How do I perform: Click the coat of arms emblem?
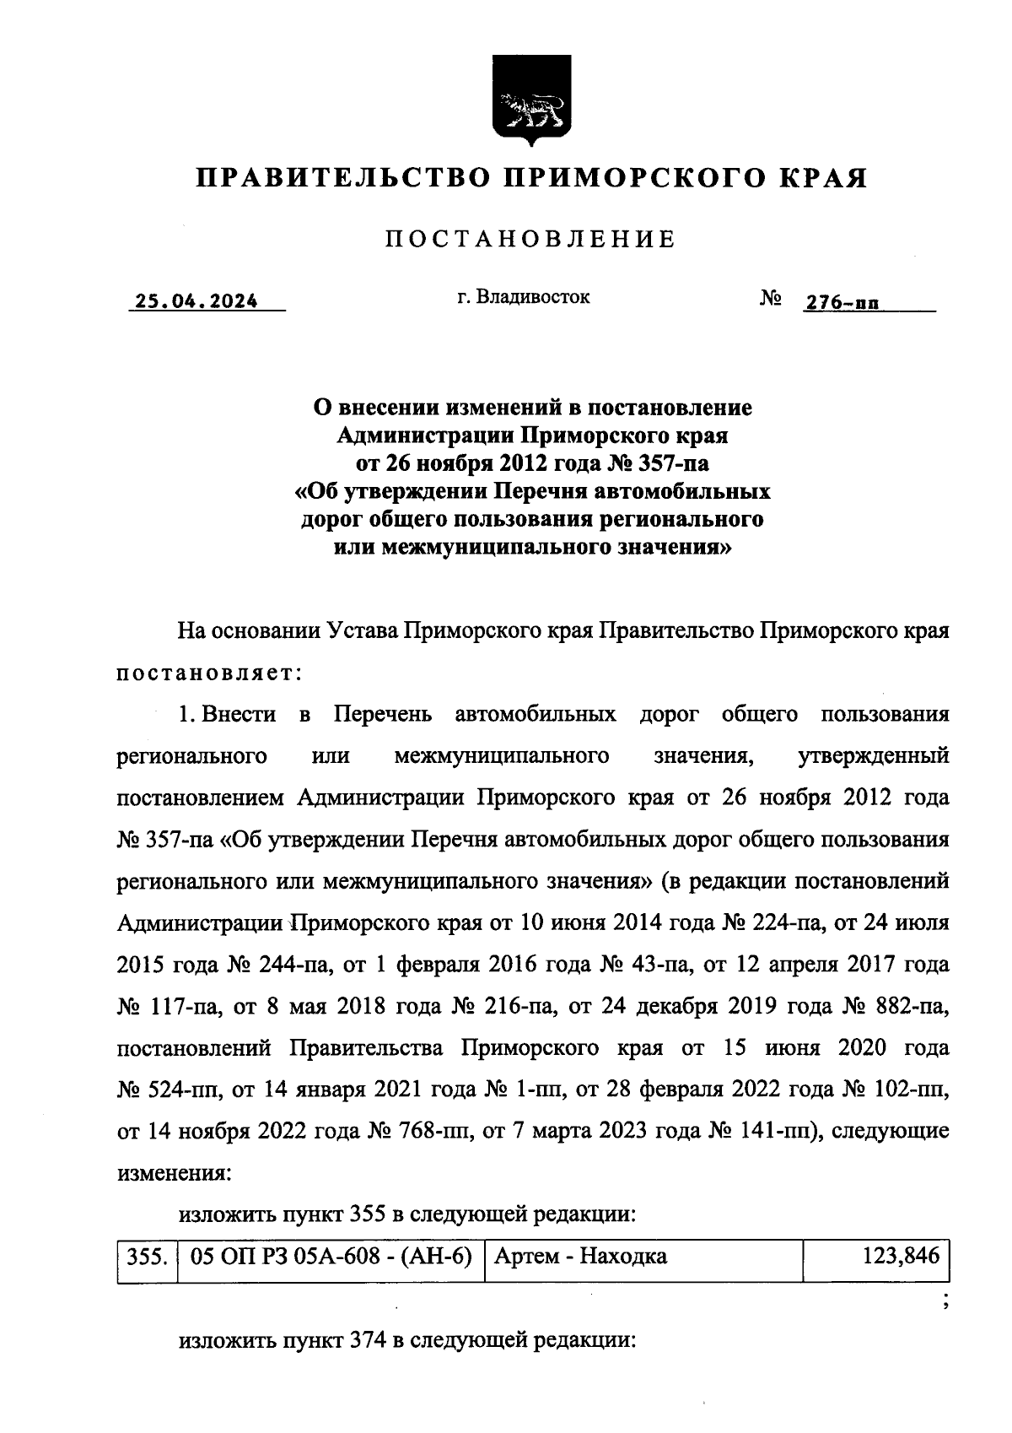tap(531, 100)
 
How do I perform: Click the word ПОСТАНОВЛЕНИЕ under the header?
tap(530, 240)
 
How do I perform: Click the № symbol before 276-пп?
tap(769, 300)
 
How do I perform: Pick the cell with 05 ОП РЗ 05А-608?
tap(331, 1257)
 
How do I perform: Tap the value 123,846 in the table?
tap(900, 1257)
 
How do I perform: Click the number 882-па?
tap(907, 1006)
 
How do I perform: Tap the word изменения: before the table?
tap(173, 1173)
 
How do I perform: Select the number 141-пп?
tap(769, 1131)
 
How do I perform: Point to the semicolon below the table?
tap(945, 1302)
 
